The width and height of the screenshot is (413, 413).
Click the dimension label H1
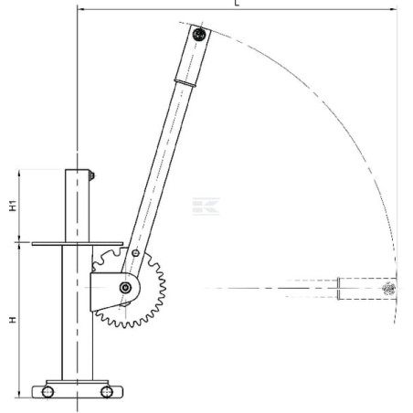pyautogui.click(x=13, y=206)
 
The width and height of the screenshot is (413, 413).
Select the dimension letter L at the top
pyautogui.click(x=238, y=5)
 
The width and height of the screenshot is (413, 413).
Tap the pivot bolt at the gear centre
pyautogui.click(x=124, y=289)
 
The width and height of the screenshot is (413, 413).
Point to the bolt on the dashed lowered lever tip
pyautogui.click(x=387, y=289)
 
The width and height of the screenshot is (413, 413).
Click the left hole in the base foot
pyautogui.click(x=48, y=392)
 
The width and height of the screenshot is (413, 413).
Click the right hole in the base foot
pyautogui.click(x=107, y=392)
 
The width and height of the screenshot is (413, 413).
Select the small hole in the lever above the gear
pyautogui.click(x=136, y=253)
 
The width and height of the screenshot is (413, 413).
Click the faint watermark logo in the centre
pyautogui.click(x=208, y=206)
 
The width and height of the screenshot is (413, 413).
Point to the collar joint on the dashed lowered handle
pyautogui.click(x=339, y=289)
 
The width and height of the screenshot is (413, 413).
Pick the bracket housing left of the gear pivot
pyautogui.click(x=106, y=289)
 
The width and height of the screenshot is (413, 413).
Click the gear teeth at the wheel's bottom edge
pyautogui.click(x=128, y=323)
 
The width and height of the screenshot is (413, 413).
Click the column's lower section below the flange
pyautogui.click(x=77, y=315)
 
